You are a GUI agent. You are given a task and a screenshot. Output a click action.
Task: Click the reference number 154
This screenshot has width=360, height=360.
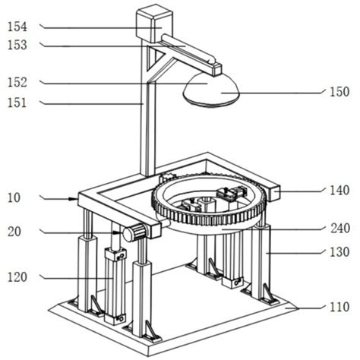coord(17,27)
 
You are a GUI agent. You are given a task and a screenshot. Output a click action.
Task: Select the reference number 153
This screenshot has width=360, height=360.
coord(17,45)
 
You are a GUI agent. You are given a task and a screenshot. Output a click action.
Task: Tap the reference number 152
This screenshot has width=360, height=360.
coord(17,82)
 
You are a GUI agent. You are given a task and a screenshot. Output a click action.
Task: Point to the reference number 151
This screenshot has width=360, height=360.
coord(17,103)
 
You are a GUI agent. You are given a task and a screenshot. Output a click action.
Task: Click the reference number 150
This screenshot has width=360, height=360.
coord(339,92)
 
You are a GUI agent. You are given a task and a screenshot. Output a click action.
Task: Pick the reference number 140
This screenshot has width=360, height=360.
coord(339,190)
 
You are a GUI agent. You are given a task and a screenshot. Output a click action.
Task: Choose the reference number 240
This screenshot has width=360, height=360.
coord(340,229)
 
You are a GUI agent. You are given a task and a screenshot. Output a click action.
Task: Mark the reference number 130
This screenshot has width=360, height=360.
coord(339,252)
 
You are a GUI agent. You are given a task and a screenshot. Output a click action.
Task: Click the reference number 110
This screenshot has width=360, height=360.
coord(339,307)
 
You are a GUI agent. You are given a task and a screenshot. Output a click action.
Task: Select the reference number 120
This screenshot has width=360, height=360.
coord(17,277)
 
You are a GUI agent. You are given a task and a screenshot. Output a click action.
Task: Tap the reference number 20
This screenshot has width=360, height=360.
coord(14,232)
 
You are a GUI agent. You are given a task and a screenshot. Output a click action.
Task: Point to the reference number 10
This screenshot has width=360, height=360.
coord(14,197)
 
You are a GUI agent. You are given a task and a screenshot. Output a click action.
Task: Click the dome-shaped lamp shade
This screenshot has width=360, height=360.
coord(211,90)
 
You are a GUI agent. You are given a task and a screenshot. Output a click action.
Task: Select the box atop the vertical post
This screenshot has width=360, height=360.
coord(154,24)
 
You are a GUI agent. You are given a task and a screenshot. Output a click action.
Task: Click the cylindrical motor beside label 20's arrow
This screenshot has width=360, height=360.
coord(134,232)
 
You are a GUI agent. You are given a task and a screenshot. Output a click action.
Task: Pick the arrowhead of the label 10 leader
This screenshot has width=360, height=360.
coord(75,199)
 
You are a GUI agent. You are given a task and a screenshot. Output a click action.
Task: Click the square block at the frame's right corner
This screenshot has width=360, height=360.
coord(273,193)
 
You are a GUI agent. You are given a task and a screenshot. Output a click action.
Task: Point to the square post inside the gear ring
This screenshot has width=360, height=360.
coord(208,204)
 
